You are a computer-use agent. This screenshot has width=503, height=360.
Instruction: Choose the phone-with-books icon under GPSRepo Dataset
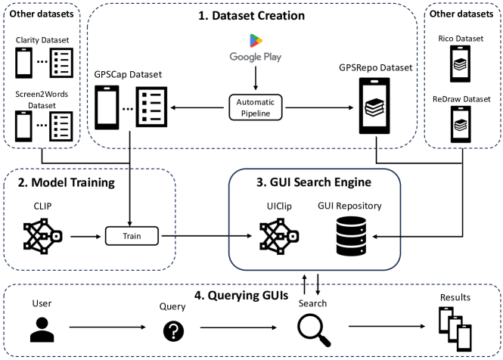click(375, 108)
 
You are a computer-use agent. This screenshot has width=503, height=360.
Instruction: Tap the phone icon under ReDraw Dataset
click(461, 123)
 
